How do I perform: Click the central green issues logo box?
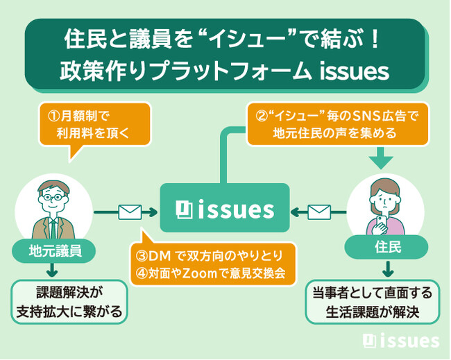tap(224, 208)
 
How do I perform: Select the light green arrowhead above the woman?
tap(380, 161)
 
